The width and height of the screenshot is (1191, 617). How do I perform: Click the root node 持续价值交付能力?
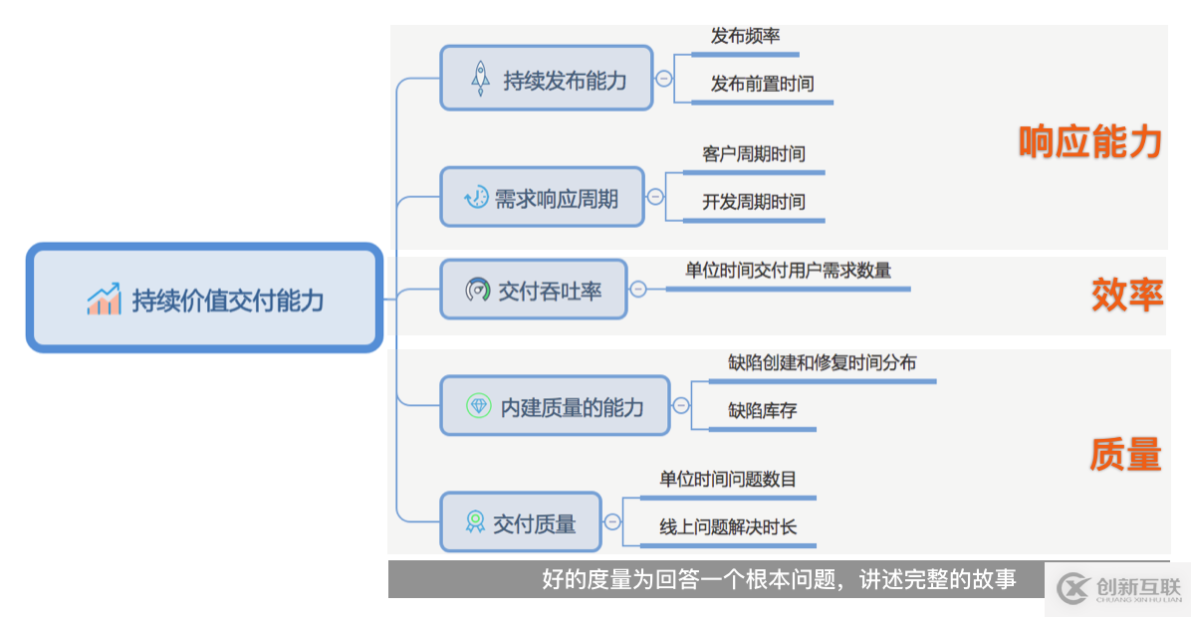click(204, 298)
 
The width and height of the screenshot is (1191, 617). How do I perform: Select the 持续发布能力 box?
click(546, 79)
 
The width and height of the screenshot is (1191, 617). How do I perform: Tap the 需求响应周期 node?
click(543, 197)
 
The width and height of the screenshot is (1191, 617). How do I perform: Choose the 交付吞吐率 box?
click(533, 290)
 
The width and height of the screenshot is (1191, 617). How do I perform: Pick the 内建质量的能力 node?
click(555, 406)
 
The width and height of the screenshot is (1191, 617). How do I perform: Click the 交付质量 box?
click(520, 522)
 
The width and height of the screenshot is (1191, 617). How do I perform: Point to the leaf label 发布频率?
click(745, 36)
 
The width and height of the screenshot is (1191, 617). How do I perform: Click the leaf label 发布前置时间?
click(762, 84)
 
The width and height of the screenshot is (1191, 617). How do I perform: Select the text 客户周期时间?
click(754, 154)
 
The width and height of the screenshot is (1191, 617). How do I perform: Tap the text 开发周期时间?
click(754, 202)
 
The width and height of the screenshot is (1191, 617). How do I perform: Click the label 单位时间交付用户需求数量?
click(788, 270)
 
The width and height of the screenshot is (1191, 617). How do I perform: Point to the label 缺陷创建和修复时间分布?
click(822, 363)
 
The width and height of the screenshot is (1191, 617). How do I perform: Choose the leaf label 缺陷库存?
click(762, 411)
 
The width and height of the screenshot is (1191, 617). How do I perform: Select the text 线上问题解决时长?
click(728, 526)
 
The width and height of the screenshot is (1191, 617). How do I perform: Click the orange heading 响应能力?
click(1090, 141)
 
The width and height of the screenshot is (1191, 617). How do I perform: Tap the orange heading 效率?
click(1127, 295)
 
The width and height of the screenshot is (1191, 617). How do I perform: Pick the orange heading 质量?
click(1125, 454)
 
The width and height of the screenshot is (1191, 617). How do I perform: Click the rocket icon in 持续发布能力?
click(480, 79)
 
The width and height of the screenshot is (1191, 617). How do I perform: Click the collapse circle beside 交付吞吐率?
click(638, 290)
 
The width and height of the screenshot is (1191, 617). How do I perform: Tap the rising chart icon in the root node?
click(104, 299)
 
